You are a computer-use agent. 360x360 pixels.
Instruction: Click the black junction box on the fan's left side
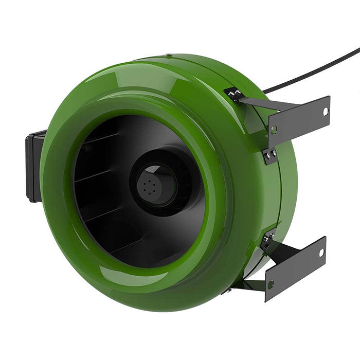34,166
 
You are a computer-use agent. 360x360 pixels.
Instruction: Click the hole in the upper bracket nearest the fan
274,130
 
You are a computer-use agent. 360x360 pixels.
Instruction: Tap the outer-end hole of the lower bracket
321,253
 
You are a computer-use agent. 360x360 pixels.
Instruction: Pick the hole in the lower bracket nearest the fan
271,283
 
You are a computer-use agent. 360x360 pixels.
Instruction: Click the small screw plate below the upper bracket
270,155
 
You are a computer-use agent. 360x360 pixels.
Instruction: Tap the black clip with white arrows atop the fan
235,93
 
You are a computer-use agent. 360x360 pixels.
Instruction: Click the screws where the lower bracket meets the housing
267,240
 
